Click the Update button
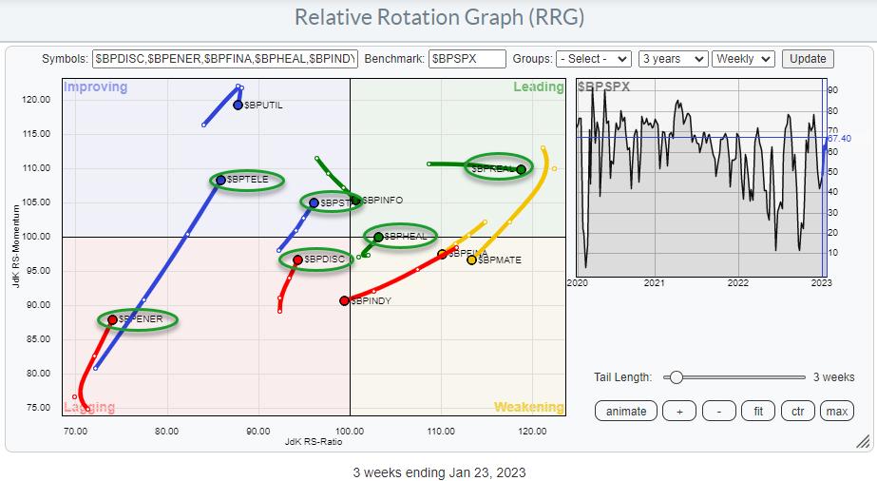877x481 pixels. (x=808, y=58)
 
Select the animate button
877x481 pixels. (x=625, y=411)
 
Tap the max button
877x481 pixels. (x=836, y=411)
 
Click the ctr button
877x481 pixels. (x=796, y=411)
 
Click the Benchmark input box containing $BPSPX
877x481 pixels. (x=467, y=58)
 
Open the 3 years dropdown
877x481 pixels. (x=673, y=58)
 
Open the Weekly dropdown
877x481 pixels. (x=743, y=58)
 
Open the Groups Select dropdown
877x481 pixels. (x=595, y=58)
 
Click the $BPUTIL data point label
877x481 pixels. (x=263, y=105)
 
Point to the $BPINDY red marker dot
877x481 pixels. (x=344, y=300)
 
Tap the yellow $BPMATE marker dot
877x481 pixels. (x=471, y=260)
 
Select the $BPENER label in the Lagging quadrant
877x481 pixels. (x=141, y=319)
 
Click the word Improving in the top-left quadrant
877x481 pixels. (x=94, y=87)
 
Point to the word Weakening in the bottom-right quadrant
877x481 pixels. (x=528, y=407)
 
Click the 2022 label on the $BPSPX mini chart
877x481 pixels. (x=737, y=282)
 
